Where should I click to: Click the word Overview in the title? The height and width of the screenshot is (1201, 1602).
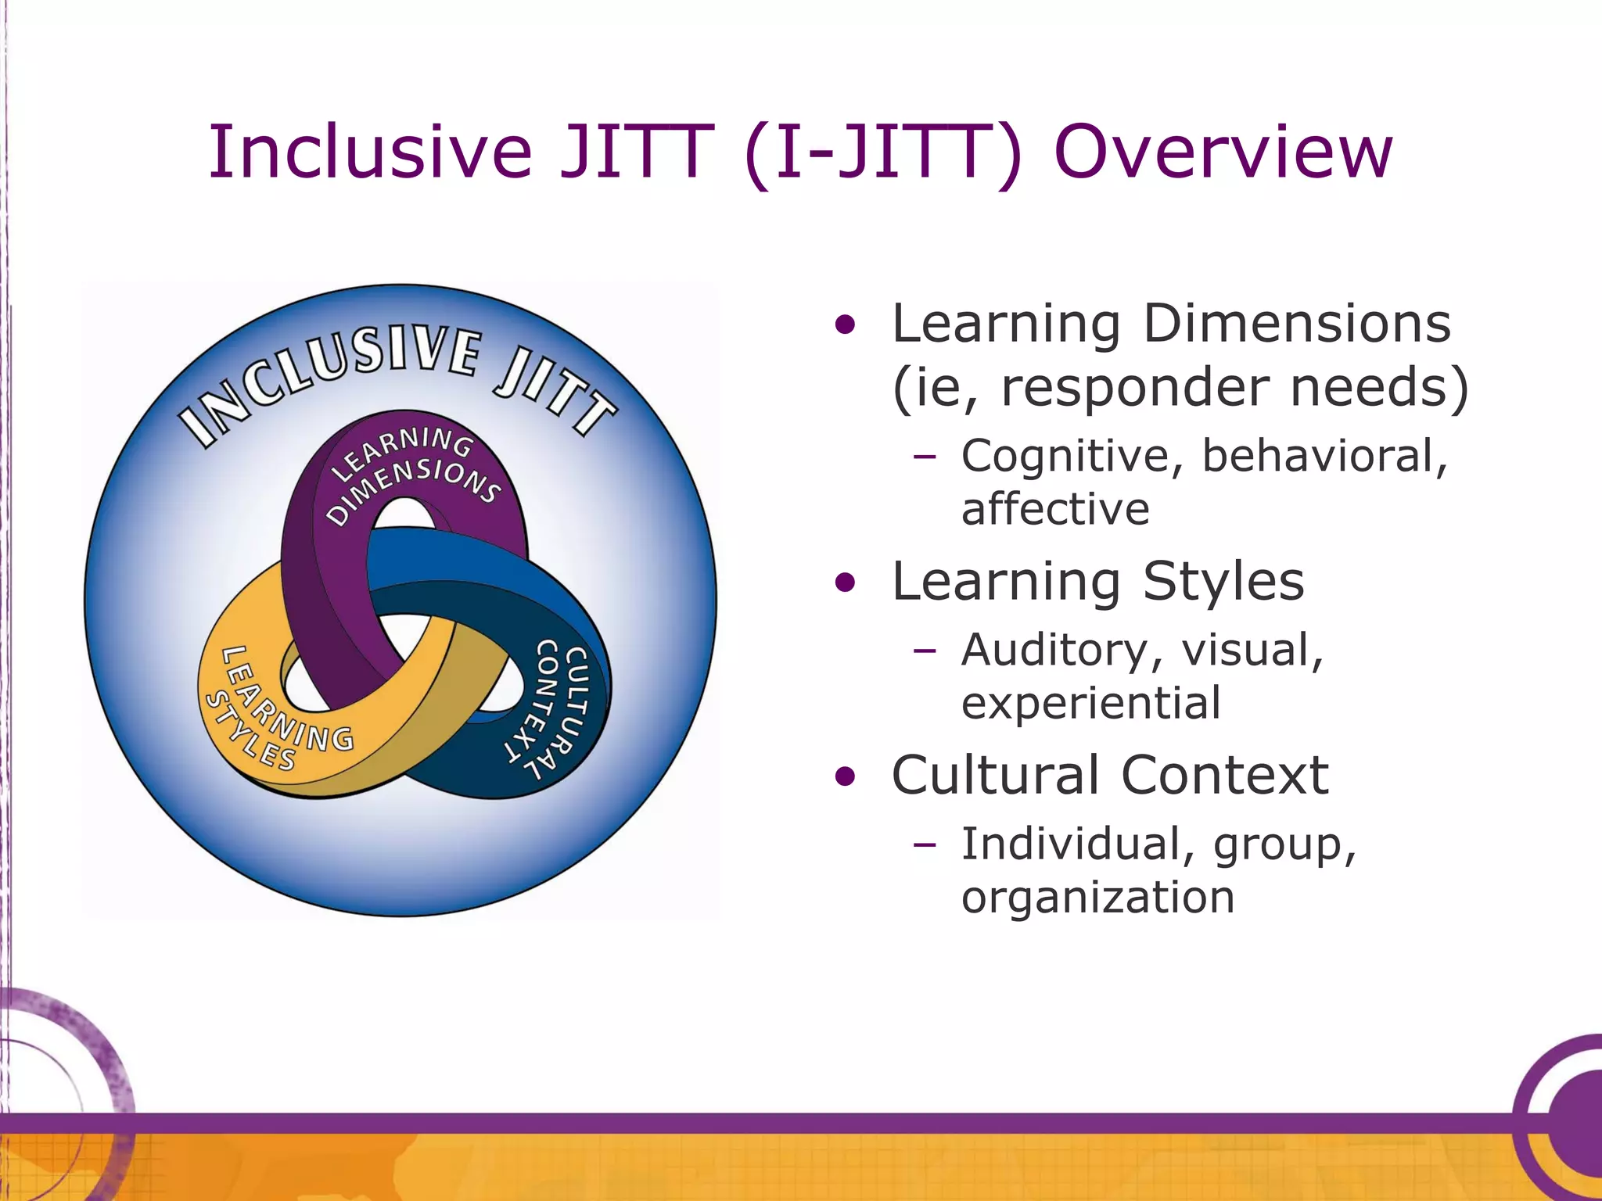tap(1223, 152)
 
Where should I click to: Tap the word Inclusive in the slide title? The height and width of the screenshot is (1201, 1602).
tap(370, 152)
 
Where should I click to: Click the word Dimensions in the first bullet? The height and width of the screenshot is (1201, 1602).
tap(1296, 324)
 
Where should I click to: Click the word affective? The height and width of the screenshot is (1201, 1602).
tap(1055, 509)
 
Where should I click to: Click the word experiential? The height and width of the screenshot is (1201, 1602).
tap(1090, 703)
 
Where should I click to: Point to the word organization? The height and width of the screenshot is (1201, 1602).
tap(1097, 897)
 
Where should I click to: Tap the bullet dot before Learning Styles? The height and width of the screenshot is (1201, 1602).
tap(845, 583)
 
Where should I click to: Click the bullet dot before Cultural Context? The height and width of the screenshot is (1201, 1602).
tap(845, 777)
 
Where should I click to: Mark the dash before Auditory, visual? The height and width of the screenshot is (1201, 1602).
tap(925, 651)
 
